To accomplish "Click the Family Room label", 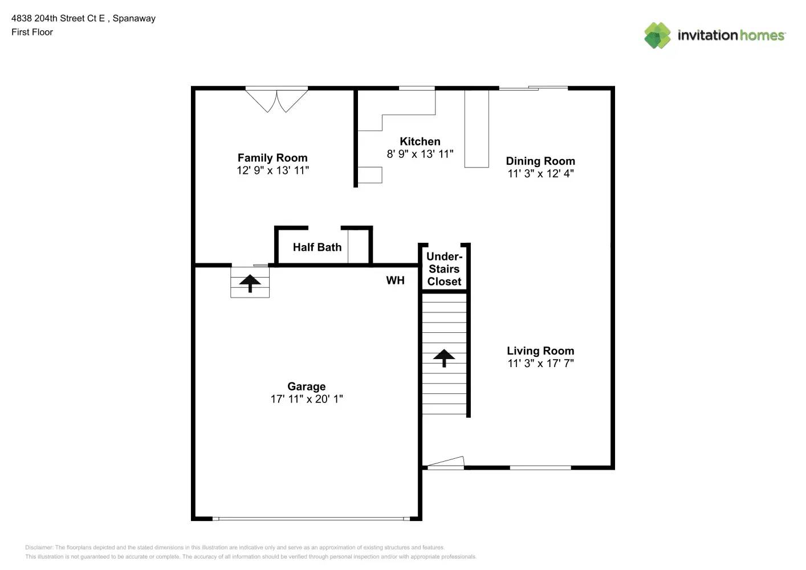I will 272,158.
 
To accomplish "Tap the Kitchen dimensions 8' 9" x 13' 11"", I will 420,154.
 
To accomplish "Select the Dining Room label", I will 540,161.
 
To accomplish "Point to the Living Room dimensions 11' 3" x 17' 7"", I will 540,363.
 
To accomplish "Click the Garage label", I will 306,386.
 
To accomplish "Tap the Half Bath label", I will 317,247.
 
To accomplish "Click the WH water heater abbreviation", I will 395,280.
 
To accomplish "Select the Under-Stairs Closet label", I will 444,269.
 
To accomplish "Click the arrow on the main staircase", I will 444,358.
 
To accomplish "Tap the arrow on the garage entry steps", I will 250,283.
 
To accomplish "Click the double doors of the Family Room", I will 276,100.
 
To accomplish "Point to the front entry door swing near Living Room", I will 446,462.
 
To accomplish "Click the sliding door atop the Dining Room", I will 533,88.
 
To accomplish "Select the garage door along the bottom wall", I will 311,519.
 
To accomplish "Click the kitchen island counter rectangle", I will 477,128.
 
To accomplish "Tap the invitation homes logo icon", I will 657,35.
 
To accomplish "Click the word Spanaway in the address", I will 134,18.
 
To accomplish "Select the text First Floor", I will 32,32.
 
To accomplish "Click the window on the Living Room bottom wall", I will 540,468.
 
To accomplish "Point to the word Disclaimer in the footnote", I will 39,547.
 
